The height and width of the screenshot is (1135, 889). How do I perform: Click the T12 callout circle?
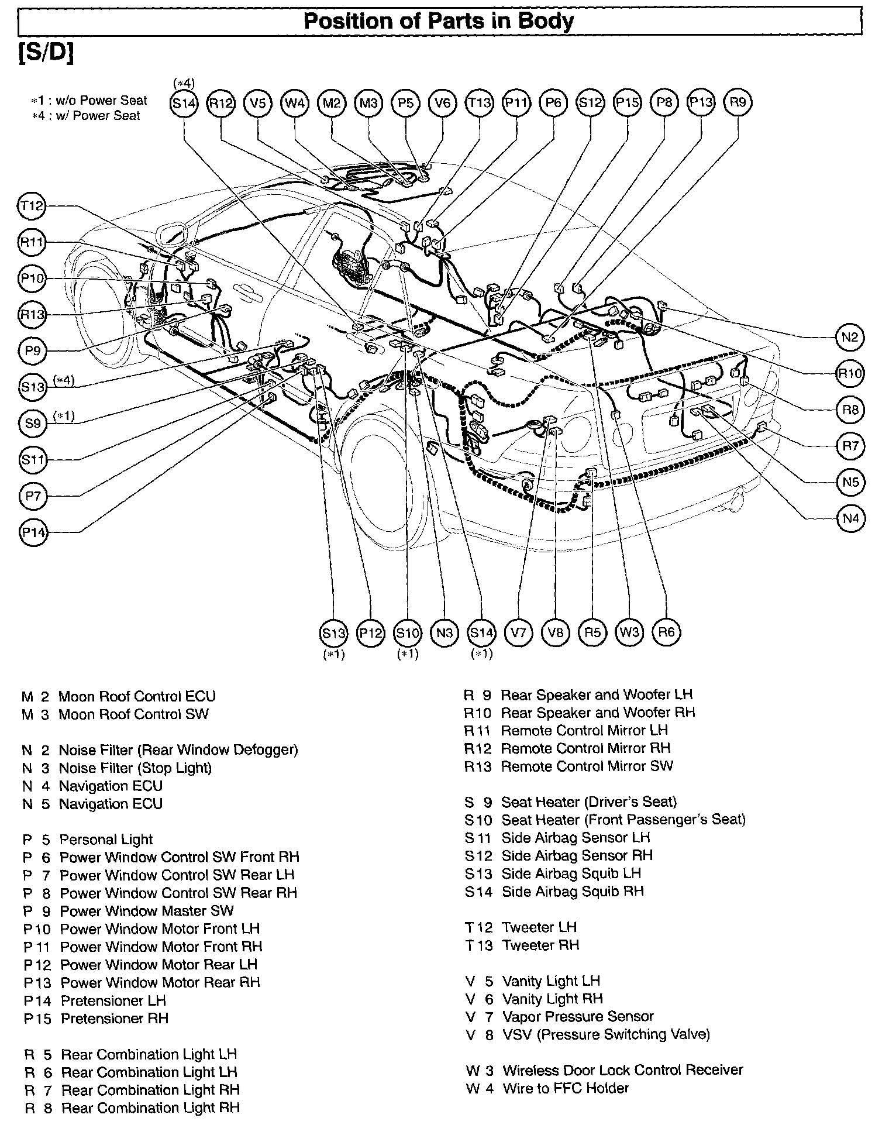[x=32, y=205]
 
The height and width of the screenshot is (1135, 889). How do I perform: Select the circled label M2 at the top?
[x=332, y=103]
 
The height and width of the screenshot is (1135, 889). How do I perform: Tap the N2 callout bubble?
[x=850, y=337]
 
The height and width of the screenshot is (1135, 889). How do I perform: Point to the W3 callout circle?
[x=629, y=632]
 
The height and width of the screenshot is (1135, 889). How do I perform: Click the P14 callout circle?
[x=33, y=532]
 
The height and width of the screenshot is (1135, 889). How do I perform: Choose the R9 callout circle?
[x=738, y=103]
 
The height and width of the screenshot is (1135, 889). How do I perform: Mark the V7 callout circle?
[x=518, y=632]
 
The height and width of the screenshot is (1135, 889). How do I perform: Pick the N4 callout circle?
[x=850, y=518]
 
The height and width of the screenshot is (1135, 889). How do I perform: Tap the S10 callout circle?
[x=407, y=632]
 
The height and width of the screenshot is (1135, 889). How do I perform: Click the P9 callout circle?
[x=33, y=350]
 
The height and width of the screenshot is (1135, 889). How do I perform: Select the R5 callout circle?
[x=592, y=632]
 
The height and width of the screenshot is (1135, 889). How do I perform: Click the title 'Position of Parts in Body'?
[x=439, y=22]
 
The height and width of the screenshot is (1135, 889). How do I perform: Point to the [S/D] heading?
[x=46, y=53]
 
